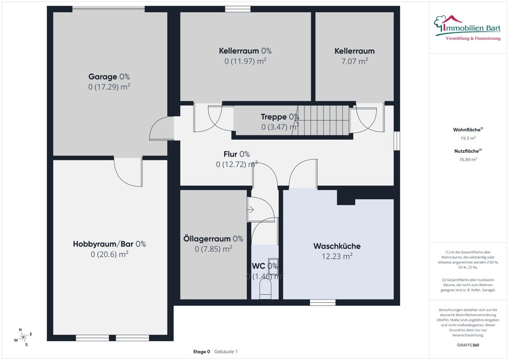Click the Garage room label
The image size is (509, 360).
tap(109, 77)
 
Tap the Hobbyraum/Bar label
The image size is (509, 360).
tap(109, 244)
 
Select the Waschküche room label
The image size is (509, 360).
tap(333, 246)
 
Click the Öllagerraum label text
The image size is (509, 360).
tap(213, 239)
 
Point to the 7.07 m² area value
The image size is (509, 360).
tap(354, 61)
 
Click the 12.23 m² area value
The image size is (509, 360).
tap(333, 257)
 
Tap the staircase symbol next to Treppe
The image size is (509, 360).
tap(324, 121)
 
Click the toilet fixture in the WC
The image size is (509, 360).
tap(265, 290)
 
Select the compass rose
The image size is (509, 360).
tap(23, 337)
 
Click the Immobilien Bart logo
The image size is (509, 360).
tap(465, 25)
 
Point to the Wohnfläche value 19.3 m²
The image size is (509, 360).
tap(468, 138)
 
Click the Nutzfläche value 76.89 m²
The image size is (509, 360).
tap(468, 159)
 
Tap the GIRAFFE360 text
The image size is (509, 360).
tap(468, 345)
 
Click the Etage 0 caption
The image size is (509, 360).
tap(202, 352)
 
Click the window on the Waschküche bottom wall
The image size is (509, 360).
tap(323, 302)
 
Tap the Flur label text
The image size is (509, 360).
tap(237, 154)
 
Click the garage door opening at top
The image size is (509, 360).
tap(108, 9)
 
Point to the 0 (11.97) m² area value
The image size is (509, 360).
tap(245, 61)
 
